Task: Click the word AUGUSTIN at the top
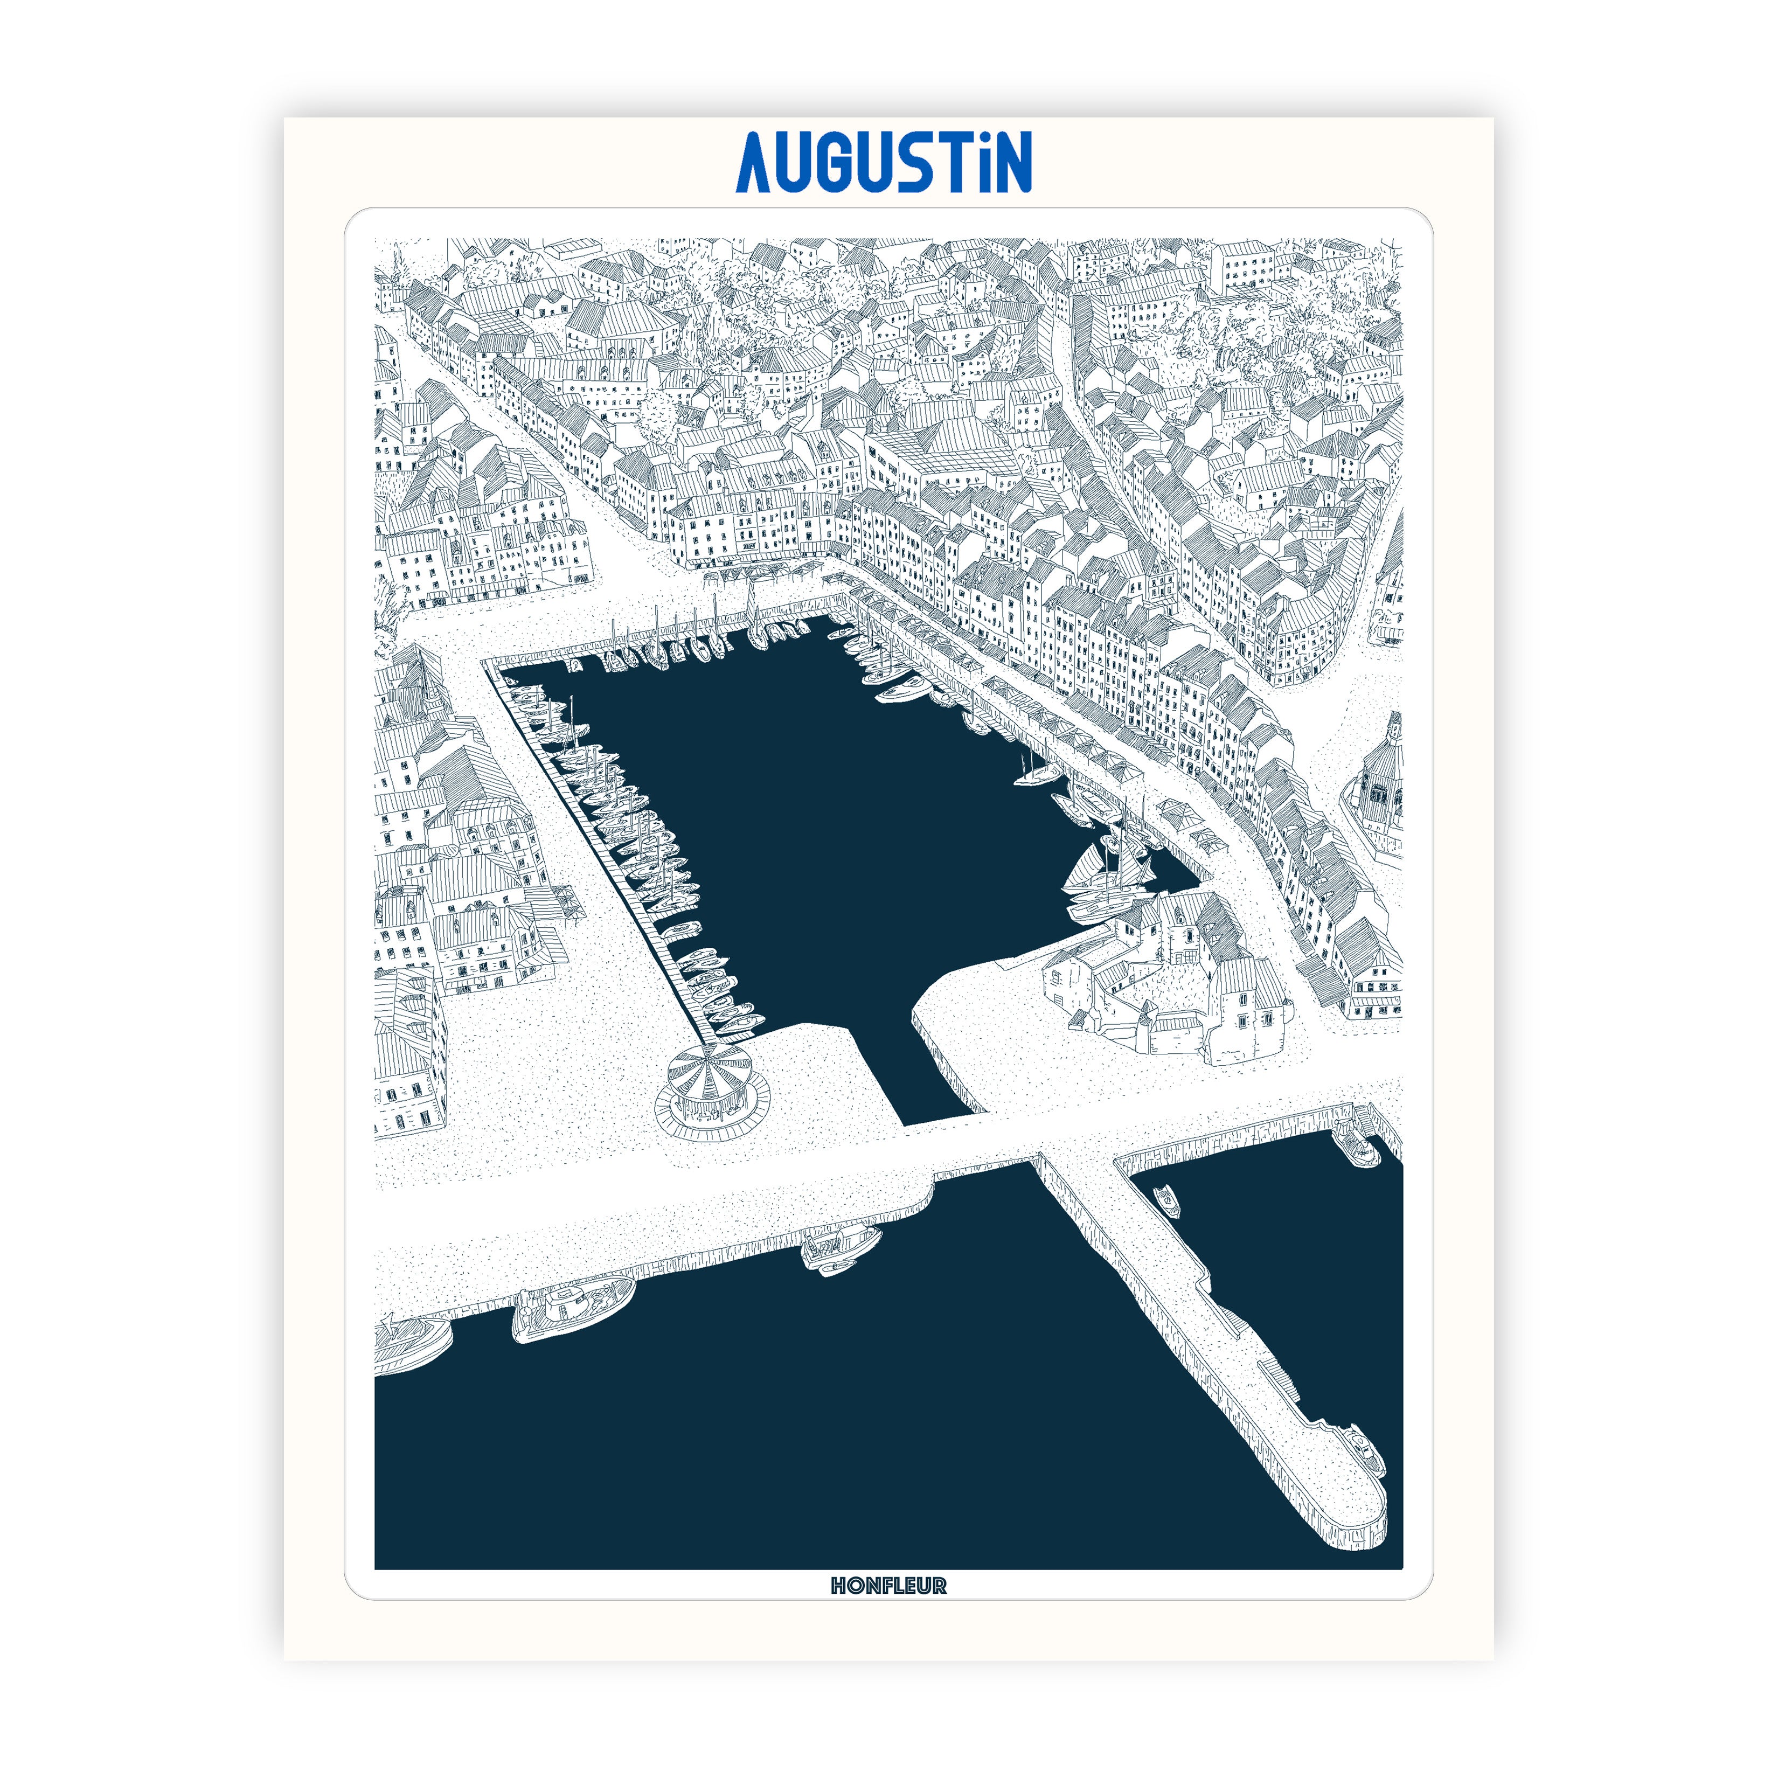tap(884, 162)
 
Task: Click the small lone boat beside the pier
tap(1167, 1198)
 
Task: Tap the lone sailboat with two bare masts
tap(1036, 773)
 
